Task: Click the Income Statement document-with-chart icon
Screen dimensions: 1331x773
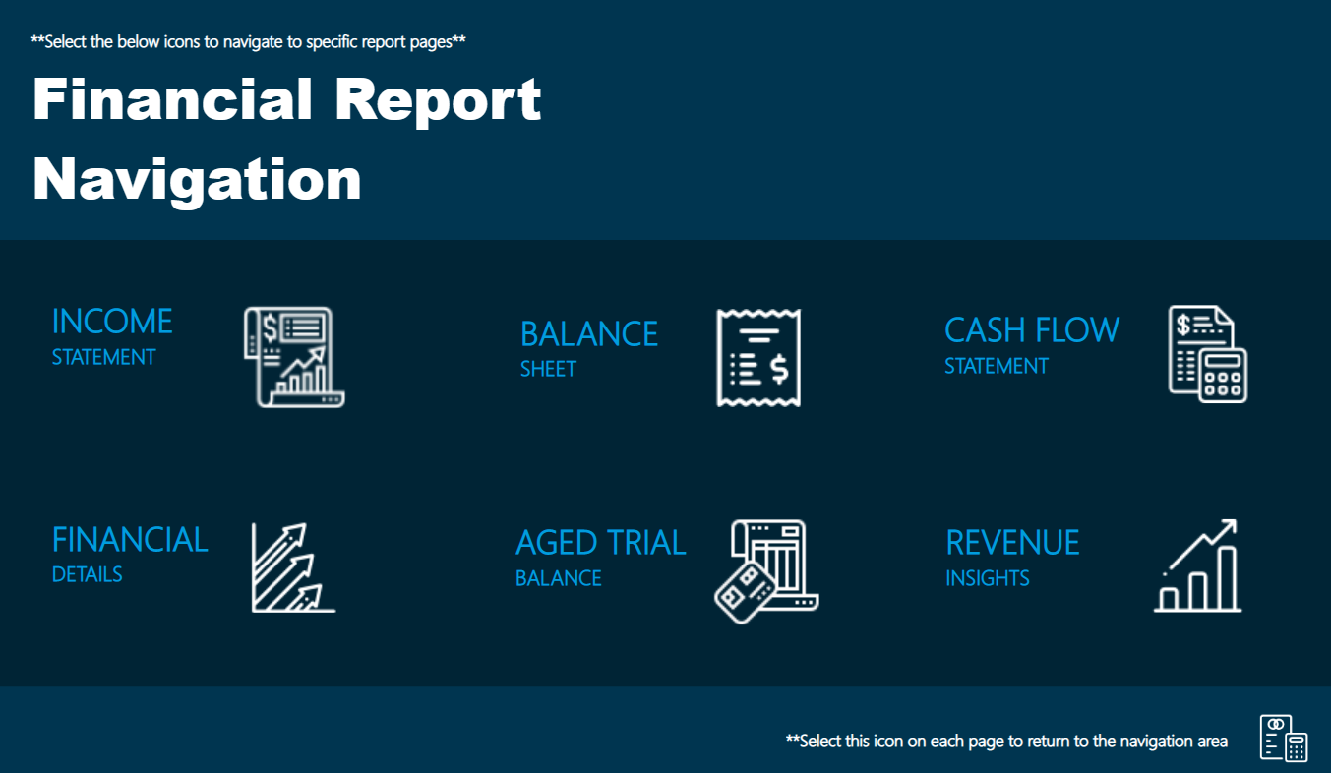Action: (294, 357)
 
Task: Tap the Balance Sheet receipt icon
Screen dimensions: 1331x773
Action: (758, 358)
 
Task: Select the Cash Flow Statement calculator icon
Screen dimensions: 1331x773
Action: (1208, 354)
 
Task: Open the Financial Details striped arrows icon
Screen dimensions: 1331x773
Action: (293, 567)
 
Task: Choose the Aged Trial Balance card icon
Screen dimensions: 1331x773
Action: (766, 571)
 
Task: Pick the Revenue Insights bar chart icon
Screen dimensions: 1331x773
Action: (1197, 565)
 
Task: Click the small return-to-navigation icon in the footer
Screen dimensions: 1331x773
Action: (1284, 738)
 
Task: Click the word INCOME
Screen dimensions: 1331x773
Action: (112, 322)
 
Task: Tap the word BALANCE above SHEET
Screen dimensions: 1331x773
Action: (589, 334)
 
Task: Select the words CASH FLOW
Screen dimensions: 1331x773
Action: (1032, 330)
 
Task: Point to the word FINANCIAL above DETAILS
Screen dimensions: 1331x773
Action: (130, 540)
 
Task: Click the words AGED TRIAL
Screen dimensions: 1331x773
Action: (601, 543)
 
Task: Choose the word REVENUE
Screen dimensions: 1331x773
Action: (1012, 543)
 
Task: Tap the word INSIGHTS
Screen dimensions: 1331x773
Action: (988, 578)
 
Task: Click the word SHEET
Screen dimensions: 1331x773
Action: (548, 369)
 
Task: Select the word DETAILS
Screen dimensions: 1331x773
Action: (88, 574)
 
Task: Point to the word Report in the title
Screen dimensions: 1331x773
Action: (438, 101)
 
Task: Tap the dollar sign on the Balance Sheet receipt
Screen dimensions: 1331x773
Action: (779, 370)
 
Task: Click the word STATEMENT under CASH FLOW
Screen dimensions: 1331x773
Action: (997, 366)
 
